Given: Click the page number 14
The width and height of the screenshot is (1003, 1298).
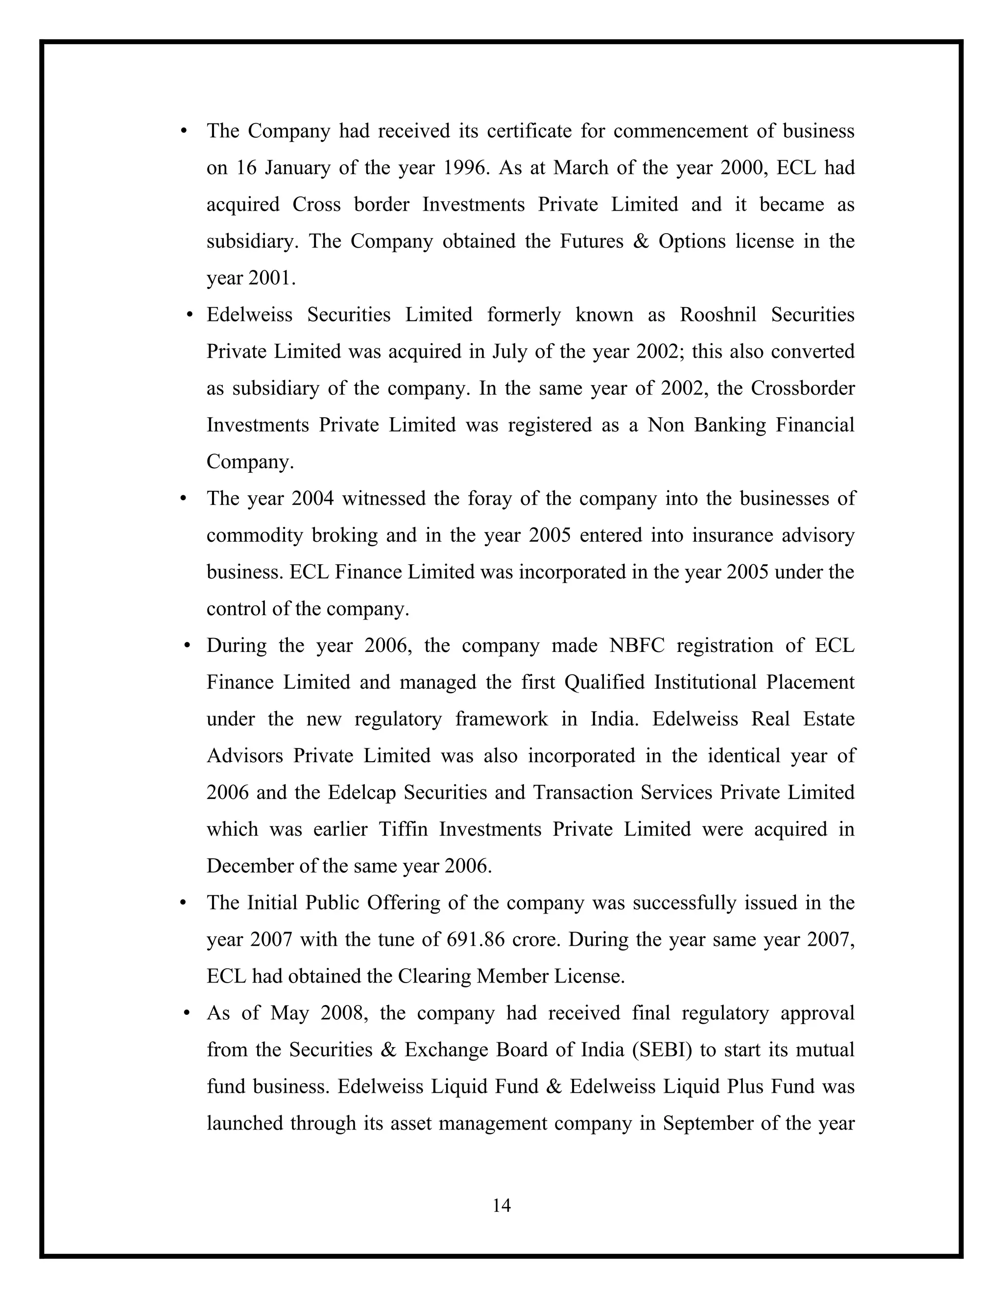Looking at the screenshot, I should [x=501, y=1205].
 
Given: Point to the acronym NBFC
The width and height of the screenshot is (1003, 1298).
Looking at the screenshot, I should [x=636, y=646].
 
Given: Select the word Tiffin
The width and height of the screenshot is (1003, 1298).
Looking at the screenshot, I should [x=403, y=829].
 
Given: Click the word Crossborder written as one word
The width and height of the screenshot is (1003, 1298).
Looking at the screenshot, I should [x=802, y=388].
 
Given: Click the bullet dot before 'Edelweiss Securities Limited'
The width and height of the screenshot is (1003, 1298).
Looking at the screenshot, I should [x=190, y=314].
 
